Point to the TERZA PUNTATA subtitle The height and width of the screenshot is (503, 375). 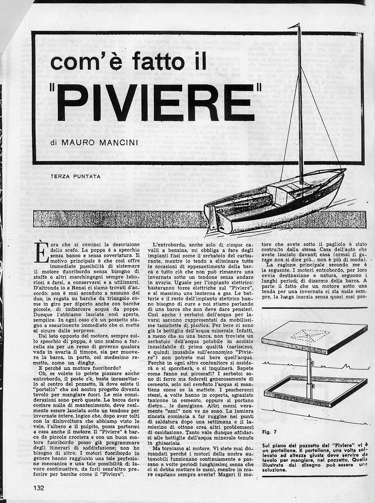[x=75, y=176]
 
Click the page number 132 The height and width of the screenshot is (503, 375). [x=39, y=488]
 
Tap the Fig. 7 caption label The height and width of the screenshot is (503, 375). [x=269, y=432]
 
